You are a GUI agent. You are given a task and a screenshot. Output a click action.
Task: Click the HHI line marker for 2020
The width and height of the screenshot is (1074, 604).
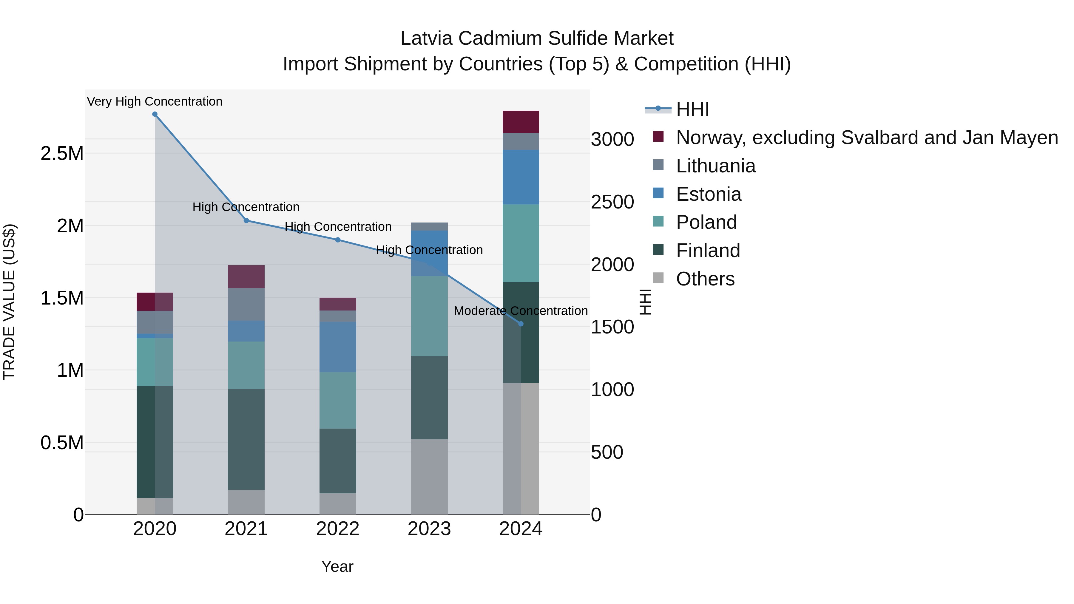tap(155, 114)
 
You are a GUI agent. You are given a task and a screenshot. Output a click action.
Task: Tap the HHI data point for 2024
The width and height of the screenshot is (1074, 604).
tap(521, 324)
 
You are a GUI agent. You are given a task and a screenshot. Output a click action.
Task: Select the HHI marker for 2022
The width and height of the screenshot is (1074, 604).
tap(338, 240)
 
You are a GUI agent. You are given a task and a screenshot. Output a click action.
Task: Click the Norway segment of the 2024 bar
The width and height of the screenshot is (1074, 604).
tap(521, 122)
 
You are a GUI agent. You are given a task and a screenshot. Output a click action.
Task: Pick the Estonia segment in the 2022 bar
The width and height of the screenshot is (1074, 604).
tap(338, 347)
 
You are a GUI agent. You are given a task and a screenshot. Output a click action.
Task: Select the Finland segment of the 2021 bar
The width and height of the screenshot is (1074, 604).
tap(246, 439)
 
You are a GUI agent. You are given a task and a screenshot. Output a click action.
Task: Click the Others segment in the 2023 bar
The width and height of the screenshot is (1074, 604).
tap(429, 476)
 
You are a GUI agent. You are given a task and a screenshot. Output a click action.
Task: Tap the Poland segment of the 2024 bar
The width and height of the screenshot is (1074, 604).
tap(521, 243)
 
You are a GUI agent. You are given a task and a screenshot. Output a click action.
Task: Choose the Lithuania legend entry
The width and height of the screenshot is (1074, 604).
tap(715, 166)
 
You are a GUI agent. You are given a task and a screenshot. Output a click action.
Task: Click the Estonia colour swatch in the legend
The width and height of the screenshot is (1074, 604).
tap(658, 193)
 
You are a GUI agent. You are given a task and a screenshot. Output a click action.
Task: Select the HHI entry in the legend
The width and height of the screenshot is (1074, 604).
tap(692, 109)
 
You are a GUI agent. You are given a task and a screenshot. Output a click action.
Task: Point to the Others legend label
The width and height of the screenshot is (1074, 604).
tap(705, 279)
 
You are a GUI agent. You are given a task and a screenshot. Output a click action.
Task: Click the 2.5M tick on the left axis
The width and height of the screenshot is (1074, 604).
tap(62, 153)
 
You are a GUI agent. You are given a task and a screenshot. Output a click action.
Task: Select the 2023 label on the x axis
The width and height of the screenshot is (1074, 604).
tap(429, 529)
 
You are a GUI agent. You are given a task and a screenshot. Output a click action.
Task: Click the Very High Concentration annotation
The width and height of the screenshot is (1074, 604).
tap(155, 101)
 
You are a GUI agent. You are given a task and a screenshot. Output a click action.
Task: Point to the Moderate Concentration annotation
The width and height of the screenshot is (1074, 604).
tap(521, 311)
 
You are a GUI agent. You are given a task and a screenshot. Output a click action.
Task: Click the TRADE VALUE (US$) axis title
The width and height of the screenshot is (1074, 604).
tap(9, 302)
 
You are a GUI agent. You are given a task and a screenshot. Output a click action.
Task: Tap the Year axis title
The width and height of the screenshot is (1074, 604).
tap(337, 566)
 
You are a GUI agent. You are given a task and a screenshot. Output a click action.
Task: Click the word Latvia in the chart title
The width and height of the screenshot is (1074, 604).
tap(426, 38)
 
